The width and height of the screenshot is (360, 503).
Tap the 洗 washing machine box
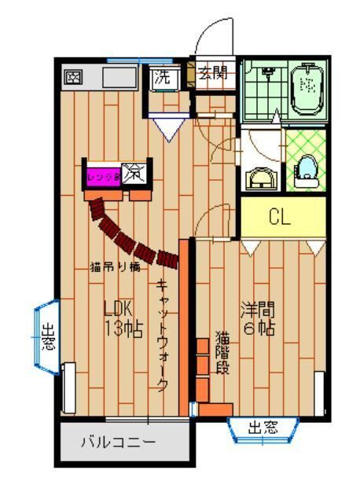(x=161, y=78)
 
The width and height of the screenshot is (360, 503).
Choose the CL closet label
(x=281, y=218)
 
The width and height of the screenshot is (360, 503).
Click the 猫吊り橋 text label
(x=115, y=266)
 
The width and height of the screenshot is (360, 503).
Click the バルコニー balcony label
(x=118, y=442)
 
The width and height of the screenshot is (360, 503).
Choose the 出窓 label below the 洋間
(x=263, y=428)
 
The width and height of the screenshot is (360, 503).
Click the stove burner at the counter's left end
(x=74, y=78)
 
